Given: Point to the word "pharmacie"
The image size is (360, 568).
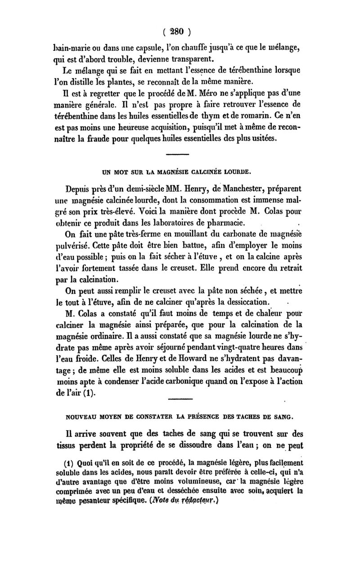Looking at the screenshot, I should click(x=227, y=222).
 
